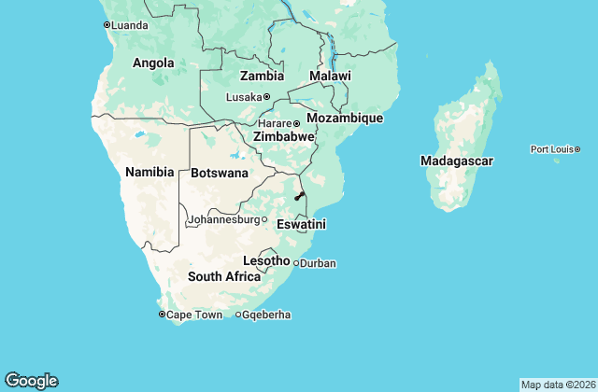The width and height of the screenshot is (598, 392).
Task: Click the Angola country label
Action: click(153, 63)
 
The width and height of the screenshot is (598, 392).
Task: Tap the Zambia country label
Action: click(262, 76)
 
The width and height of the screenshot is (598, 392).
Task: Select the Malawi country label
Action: click(330, 76)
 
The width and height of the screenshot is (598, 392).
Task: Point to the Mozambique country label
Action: click(345, 119)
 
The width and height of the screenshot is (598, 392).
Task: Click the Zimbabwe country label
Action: click(284, 136)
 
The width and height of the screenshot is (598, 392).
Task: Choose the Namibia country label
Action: click(149, 172)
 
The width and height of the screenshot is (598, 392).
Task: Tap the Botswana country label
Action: click(220, 173)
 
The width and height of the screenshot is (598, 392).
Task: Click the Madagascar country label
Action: click(457, 161)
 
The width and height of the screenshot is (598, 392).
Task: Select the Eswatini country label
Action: click(301, 224)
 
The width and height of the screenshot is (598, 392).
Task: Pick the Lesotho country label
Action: click(266, 260)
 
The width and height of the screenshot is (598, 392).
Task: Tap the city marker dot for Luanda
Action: click(107, 25)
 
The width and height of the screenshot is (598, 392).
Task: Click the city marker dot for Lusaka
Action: click(266, 96)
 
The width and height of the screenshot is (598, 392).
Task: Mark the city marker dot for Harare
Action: click(296, 123)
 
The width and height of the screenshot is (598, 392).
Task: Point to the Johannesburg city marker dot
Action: click(264, 220)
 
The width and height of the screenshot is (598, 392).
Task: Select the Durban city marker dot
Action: click(296, 263)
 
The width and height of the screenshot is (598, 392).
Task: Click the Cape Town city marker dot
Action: click(162, 315)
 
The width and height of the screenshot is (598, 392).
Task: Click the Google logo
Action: click(31, 381)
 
